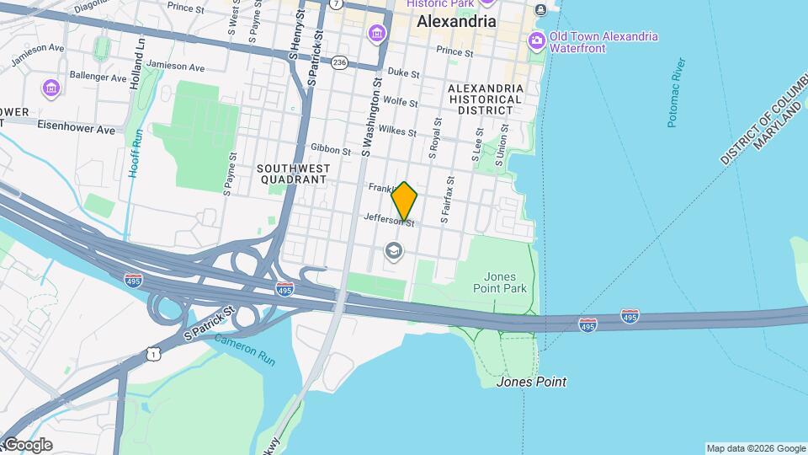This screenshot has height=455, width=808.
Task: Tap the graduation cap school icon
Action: [x=393, y=250]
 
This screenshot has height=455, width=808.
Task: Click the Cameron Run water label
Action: [x=245, y=349]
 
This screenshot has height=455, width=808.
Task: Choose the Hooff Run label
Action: [x=135, y=153]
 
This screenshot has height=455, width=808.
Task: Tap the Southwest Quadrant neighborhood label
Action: [x=293, y=174]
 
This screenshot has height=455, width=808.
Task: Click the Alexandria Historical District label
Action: [x=486, y=99]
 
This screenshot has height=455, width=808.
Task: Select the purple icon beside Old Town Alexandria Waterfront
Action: [x=536, y=40]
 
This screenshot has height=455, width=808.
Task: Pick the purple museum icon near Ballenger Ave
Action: [x=51, y=87]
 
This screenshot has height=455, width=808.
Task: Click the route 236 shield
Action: [x=340, y=62]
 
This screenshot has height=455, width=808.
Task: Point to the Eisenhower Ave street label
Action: [x=75, y=129]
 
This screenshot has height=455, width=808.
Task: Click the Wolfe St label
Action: [x=401, y=102]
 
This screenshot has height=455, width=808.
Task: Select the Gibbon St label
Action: [x=330, y=150]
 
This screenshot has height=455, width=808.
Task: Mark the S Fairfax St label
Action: [x=449, y=193]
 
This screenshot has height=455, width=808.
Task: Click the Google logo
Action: [x=27, y=445]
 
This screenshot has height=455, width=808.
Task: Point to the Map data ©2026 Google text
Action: [x=755, y=448]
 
